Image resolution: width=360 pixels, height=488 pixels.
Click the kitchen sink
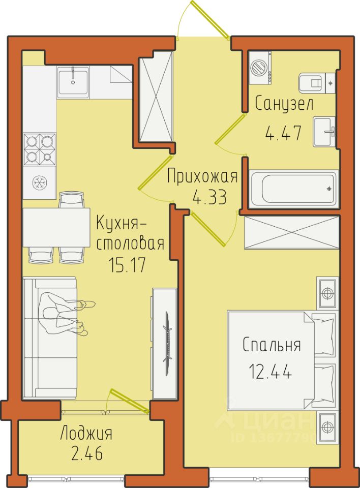[x=73, y=82]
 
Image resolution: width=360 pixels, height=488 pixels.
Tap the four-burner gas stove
[x=40, y=149]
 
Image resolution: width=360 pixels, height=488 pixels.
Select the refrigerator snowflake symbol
[x=40, y=182]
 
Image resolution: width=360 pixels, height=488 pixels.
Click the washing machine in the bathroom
[x=260, y=68]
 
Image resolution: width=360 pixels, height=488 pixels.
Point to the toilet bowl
[x=311, y=83]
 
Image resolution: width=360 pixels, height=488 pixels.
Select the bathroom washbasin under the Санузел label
[x=324, y=132]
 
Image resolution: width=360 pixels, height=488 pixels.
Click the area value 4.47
[x=283, y=134]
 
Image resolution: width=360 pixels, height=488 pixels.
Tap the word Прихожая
[x=202, y=176]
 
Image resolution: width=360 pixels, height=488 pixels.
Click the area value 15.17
[x=127, y=265]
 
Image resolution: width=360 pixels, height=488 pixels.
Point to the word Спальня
[x=272, y=345]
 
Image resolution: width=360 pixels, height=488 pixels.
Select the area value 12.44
[x=271, y=372]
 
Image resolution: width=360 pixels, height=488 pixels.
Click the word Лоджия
[x=86, y=433]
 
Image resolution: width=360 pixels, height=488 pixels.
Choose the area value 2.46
[x=87, y=453]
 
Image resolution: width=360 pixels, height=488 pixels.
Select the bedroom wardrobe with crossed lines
[x=291, y=232]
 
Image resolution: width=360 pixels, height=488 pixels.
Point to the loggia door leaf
[x=130, y=401]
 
